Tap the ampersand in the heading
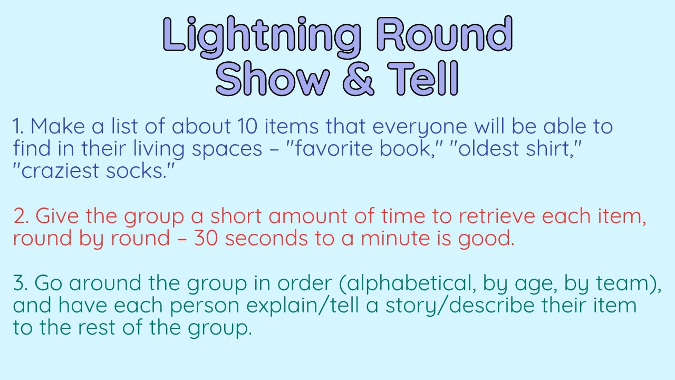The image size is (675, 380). click(361, 79)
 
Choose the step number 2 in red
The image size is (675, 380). click(20, 216)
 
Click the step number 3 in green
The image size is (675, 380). click(20, 283)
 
